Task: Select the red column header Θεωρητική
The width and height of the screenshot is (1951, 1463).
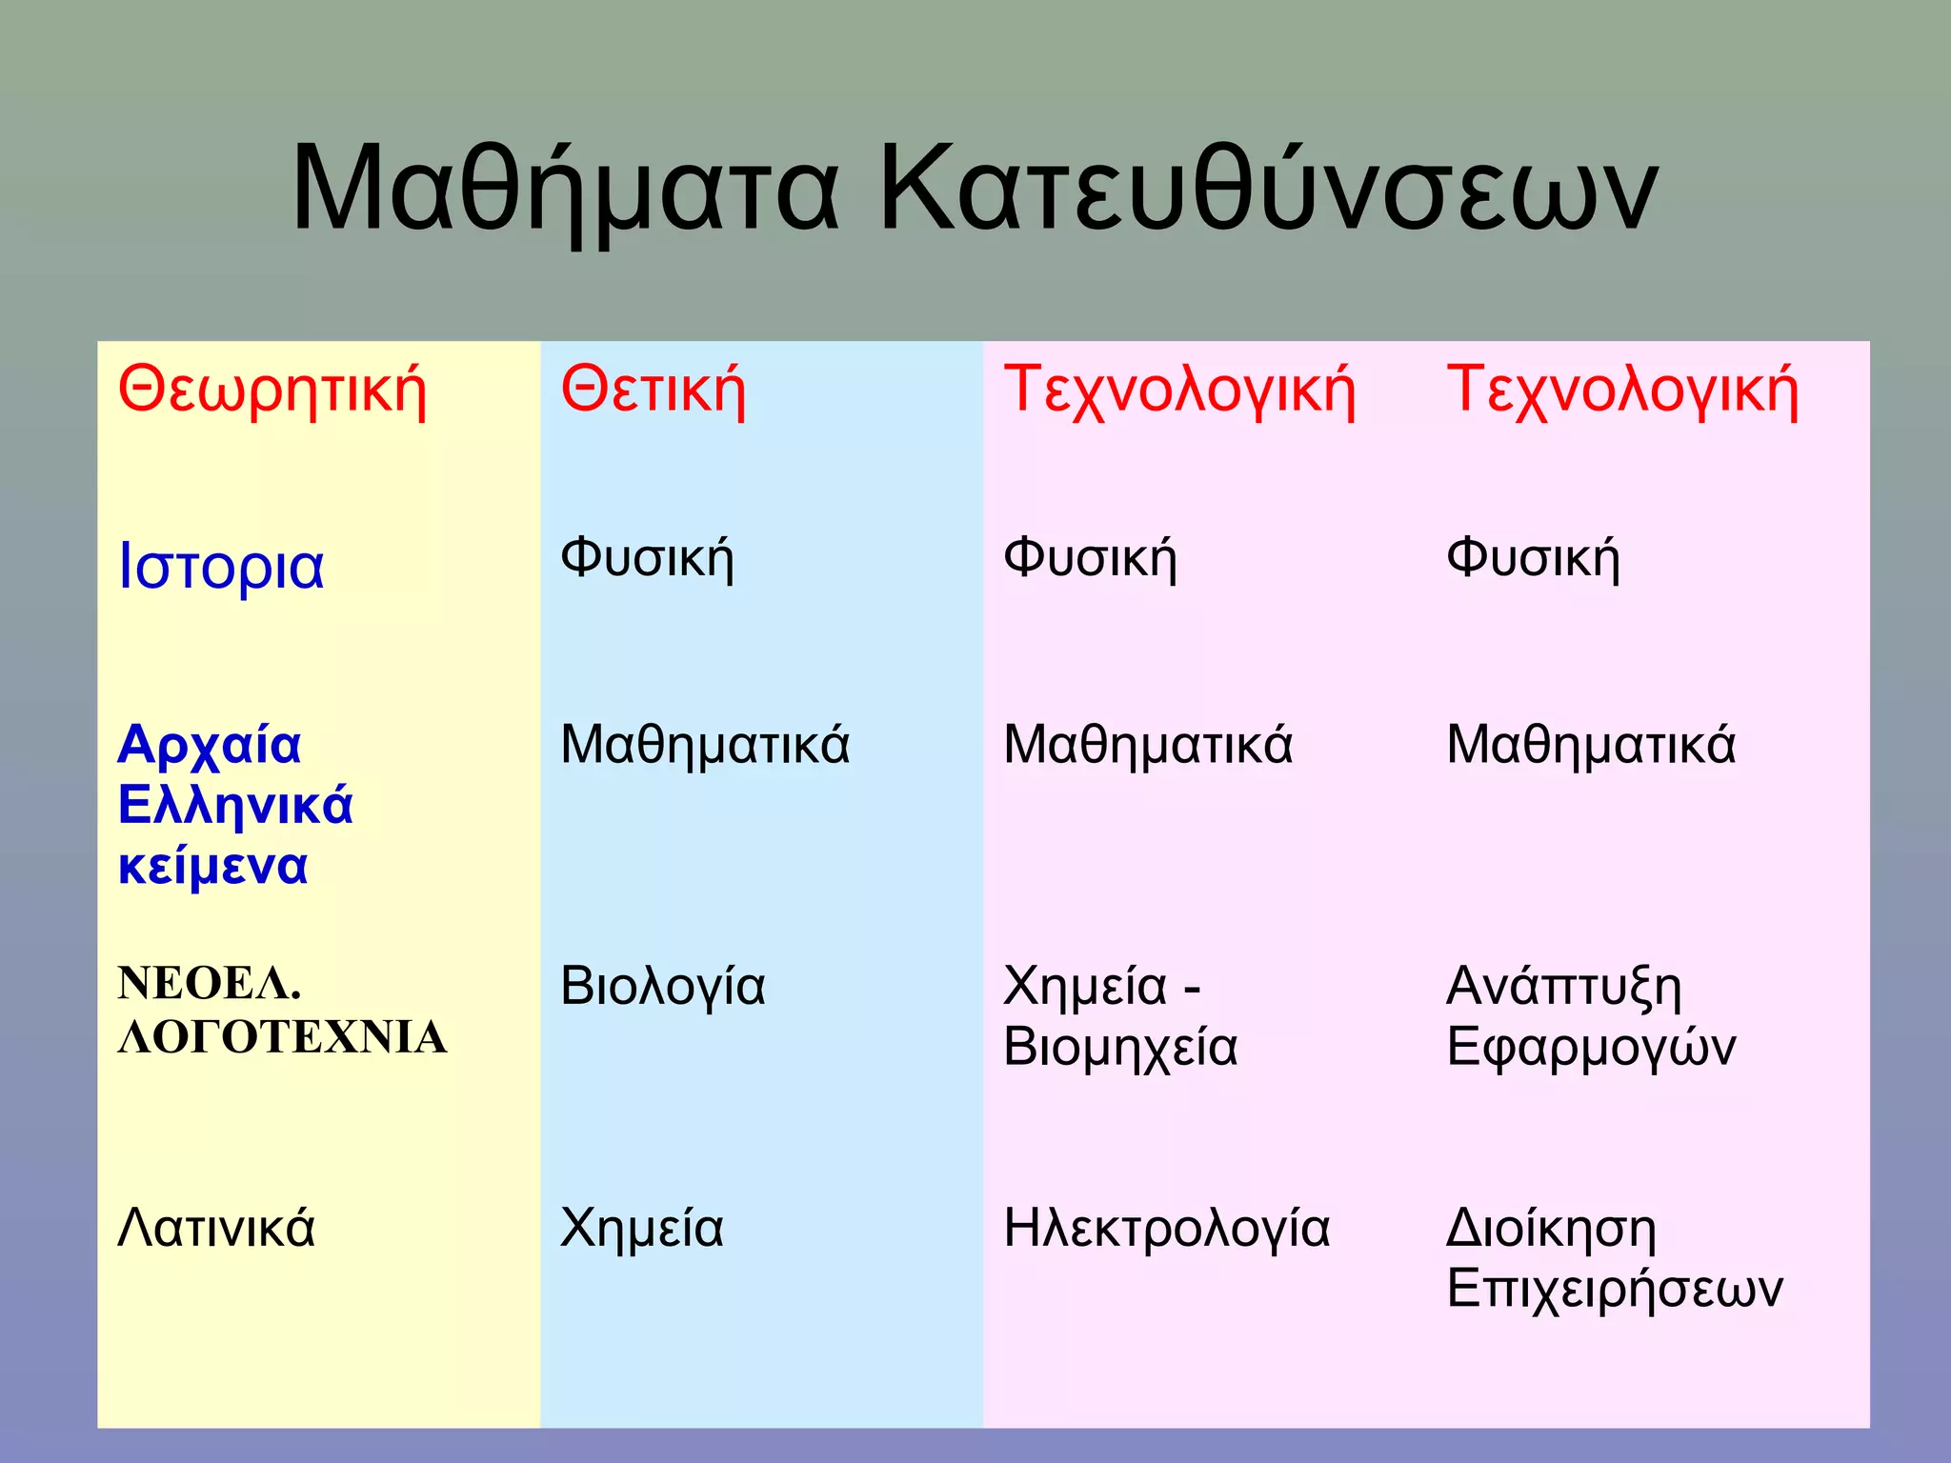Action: point(272,391)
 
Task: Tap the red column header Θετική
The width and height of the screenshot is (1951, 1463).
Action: point(654,391)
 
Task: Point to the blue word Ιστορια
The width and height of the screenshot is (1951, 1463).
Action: point(221,566)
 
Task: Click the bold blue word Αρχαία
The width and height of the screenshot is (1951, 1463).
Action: point(210,745)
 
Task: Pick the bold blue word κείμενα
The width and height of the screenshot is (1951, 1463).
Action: point(213,867)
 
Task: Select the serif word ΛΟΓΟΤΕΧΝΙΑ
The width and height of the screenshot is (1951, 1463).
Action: point(282,1037)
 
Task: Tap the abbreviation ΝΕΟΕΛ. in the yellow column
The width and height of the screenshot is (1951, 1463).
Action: point(210,983)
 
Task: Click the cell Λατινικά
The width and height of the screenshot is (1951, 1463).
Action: point(216,1228)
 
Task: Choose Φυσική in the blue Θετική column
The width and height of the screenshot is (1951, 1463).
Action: point(648,558)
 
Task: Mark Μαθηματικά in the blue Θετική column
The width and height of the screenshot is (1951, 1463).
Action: point(705,745)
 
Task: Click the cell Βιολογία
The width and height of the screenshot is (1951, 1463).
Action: point(663,987)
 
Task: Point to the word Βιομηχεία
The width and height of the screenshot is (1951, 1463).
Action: point(1120,1048)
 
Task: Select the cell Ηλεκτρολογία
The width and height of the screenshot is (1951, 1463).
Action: point(1167,1229)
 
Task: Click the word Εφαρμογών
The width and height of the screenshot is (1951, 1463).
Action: point(1591,1048)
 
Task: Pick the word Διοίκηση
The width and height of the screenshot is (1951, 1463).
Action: point(1552,1229)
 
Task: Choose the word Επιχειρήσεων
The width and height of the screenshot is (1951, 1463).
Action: point(1615,1290)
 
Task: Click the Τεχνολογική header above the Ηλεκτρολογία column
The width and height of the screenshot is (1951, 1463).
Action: point(1179,391)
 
